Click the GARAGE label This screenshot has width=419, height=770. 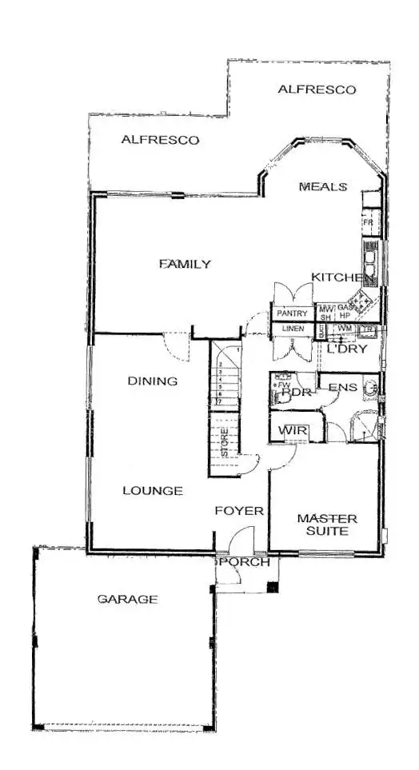127,599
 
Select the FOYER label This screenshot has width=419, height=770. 239,510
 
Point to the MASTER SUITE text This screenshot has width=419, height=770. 327,525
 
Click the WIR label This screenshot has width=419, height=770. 288,431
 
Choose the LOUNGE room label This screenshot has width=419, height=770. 153,491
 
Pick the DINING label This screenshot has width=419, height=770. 153,381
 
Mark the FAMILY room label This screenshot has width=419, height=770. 185,265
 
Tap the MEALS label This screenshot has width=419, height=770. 323,187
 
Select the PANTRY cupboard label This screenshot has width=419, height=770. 292,313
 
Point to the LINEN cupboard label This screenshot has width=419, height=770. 292,329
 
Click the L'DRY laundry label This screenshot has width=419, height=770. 346,348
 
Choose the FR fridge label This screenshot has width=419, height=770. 369,222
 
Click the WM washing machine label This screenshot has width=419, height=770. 345,329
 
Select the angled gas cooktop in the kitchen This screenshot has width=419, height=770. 364,301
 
